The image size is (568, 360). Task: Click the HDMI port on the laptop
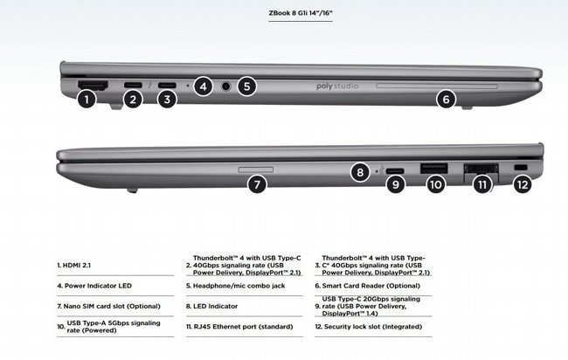(x=93, y=85)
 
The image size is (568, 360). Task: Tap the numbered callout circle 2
(x=133, y=99)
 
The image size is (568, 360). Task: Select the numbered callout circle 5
(x=246, y=87)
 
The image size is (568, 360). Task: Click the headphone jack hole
(x=226, y=87)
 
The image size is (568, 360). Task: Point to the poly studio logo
(x=337, y=87)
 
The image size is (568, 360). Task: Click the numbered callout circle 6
(x=447, y=99)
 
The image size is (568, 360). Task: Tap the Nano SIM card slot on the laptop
(x=256, y=170)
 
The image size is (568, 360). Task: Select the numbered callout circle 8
(x=360, y=171)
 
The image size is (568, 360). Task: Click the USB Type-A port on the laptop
(x=434, y=169)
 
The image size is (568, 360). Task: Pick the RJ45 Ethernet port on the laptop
(x=481, y=169)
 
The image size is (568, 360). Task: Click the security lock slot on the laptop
(x=521, y=168)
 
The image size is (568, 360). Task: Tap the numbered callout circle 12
(x=523, y=184)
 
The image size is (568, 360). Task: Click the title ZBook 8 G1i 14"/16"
(x=301, y=13)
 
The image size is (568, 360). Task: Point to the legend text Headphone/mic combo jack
(x=239, y=286)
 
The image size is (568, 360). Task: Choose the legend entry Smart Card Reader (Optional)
(x=371, y=286)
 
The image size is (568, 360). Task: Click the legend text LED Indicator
(x=215, y=306)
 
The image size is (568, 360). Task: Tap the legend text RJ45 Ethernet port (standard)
(x=244, y=327)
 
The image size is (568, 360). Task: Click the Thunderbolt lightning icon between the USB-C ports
(x=150, y=86)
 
